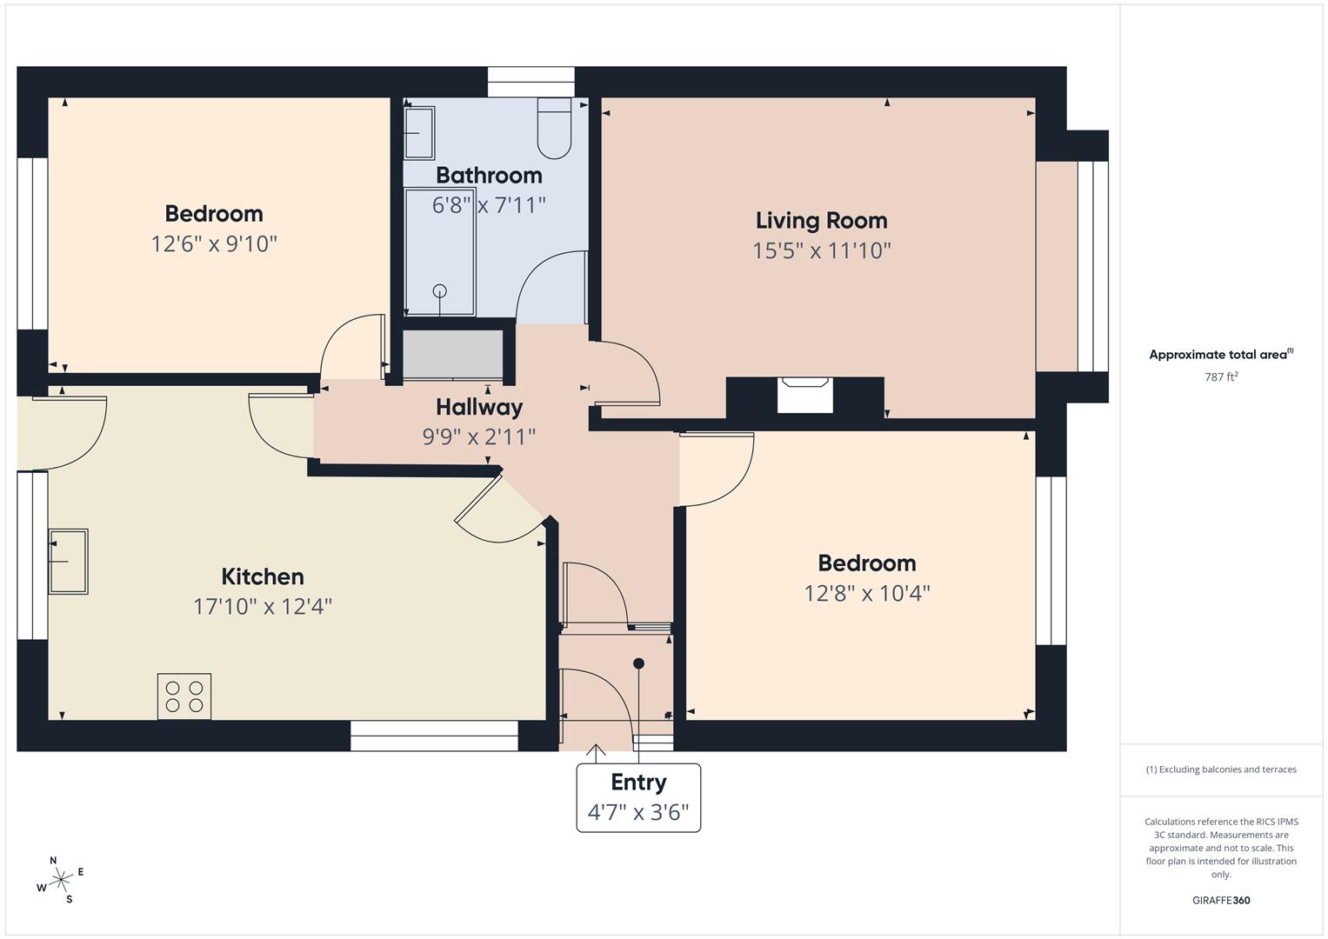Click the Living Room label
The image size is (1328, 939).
821,221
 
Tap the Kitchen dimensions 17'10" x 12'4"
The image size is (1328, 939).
263,606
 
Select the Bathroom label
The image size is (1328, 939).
489,176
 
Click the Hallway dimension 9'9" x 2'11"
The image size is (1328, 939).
479,436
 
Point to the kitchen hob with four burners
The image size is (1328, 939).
184,696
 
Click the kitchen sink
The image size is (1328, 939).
68,561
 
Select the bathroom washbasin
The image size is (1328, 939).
419,133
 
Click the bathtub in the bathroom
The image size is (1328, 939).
439,252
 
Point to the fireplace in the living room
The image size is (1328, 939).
804,396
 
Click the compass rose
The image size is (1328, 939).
61,880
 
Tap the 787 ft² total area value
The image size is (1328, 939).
1221,376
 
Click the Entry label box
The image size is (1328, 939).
638,797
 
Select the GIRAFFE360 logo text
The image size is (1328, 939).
1221,900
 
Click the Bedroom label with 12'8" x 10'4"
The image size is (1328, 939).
867,563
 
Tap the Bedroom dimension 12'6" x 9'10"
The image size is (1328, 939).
214,244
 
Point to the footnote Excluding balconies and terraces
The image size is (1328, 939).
1221,769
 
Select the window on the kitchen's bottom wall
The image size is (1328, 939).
434,736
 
